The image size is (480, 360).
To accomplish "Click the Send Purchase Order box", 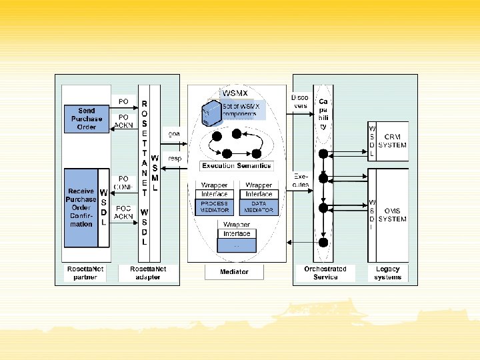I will [86, 119].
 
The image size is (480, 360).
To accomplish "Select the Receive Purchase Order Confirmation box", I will [81, 207].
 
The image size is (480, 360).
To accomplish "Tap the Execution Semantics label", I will [236, 165].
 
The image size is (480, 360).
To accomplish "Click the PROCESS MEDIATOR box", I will [214, 207].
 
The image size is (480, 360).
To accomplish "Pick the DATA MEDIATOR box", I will [259, 207].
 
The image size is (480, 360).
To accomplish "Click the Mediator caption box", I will [234, 272].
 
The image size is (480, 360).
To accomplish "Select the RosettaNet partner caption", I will [85, 273].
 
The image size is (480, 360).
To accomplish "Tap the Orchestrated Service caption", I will [325, 273].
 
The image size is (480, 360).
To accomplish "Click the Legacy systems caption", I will [387, 273].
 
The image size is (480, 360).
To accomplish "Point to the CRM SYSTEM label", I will [392, 141].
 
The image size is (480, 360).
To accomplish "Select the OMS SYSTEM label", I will [392, 215].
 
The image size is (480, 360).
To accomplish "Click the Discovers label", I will [300, 101].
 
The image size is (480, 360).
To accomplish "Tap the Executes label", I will [300, 180].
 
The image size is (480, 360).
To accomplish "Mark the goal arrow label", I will [174, 134].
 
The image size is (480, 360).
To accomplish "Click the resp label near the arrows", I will [175, 159].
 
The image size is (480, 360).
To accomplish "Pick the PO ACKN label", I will [123, 121].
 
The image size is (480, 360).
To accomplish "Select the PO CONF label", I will [123, 183].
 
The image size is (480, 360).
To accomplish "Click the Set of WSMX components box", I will [239, 109].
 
